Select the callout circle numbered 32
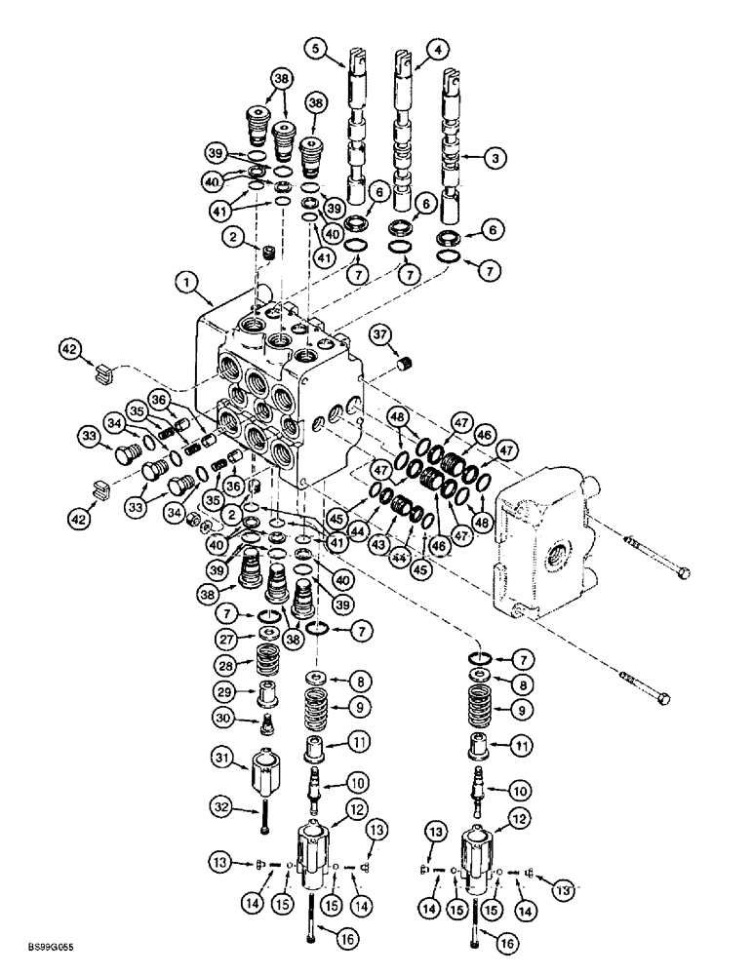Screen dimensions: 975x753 (x=220, y=805)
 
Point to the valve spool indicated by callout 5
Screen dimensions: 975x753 (x=354, y=127)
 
